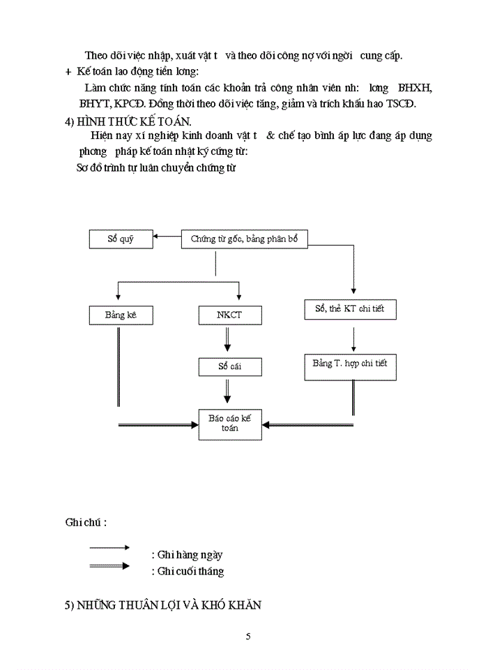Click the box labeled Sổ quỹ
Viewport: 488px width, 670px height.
pyautogui.click(x=121, y=239)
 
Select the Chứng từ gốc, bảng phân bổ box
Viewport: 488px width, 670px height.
pyautogui.click(x=244, y=239)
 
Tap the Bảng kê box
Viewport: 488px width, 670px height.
pyautogui.click(x=121, y=315)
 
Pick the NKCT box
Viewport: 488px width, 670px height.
pyautogui.click(x=229, y=315)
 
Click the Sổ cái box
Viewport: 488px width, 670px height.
pyautogui.click(x=229, y=366)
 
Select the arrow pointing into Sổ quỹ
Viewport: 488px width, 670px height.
pyautogui.click(x=167, y=237)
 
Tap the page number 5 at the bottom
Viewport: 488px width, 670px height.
pyautogui.click(x=248, y=636)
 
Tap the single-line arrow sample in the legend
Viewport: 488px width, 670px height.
pyautogui.click(x=109, y=548)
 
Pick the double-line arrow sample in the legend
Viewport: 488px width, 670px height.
pyautogui.click(x=109, y=565)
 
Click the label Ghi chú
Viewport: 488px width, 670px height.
pyautogui.click(x=86, y=522)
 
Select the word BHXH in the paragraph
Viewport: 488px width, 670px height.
pyautogui.click(x=415, y=89)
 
